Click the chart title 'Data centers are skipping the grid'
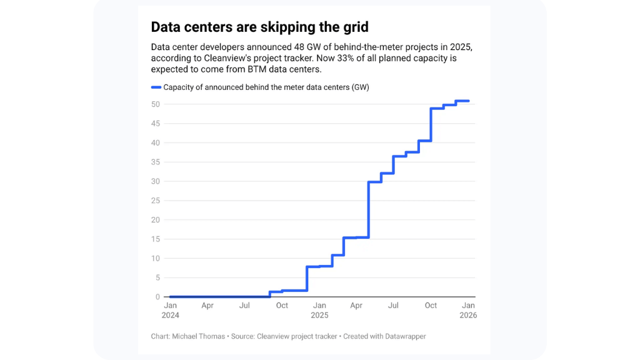click(x=259, y=27)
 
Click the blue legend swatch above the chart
click(x=156, y=87)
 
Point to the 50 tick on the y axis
click(x=156, y=104)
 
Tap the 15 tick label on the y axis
click(x=156, y=239)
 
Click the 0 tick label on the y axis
click(x=158, y=297)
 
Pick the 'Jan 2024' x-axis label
click(x=170, y=310)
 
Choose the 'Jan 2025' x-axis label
click(x=319, y=310)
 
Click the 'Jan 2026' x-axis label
click(x=468, y=310)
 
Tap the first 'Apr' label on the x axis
click(x=207, y=306)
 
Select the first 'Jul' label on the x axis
click(x=245, y=306)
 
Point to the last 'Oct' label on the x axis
click(x=431, y=306)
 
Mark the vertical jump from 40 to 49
click(x=431, y=124)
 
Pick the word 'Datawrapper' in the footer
click(x=405, y=336)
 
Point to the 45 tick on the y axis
click(x=156, y=123)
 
